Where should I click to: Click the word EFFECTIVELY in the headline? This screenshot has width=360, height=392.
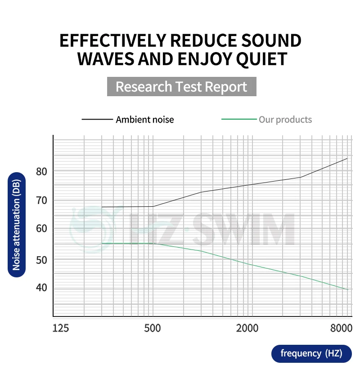[112, 41]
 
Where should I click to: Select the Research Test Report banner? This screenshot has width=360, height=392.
[181, 86]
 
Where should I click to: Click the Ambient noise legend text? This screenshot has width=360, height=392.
[144, 120]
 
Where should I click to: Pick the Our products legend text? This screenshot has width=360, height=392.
[285, 120]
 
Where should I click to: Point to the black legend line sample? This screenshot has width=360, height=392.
[97, 120]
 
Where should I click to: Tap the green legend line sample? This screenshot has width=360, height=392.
[239, 120]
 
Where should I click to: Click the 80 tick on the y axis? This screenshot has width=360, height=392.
[41, 171]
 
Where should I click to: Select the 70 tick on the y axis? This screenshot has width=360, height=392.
[41, 200]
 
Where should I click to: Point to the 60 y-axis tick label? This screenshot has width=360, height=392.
[41, 229]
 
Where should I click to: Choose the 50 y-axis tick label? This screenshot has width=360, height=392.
[41, 259]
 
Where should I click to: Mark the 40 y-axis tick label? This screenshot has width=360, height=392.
[41, 288]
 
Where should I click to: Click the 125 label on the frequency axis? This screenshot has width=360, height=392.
[61, 328]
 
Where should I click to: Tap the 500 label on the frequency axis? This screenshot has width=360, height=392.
[153, 328]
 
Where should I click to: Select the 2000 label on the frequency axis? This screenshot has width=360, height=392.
[247, 328]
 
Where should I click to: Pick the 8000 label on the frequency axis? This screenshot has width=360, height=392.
[341, 328]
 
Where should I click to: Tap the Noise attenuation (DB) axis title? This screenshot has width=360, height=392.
[17, 225]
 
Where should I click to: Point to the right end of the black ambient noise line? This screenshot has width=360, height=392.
[347, 159]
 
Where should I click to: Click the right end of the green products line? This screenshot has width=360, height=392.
[347, 290]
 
